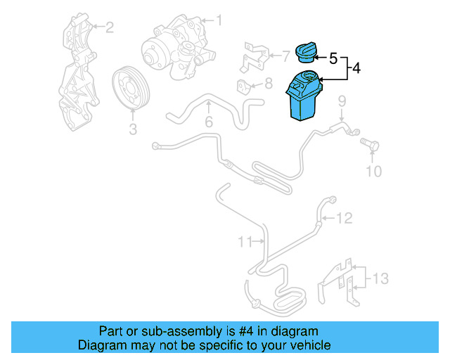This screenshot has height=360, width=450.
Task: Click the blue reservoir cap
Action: coord(306,52)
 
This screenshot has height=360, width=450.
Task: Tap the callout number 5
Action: coord(333,58)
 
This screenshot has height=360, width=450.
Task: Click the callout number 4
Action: coord(356,68)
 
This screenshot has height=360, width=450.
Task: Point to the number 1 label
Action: coord(219,20)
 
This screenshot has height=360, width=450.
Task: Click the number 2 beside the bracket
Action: coord(110,27)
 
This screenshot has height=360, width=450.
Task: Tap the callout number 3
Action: coord(133,129)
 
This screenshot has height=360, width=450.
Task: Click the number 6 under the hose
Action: coord(209,122)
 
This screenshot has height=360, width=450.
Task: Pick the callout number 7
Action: coord(285,56)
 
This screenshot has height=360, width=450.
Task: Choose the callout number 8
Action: coord(269,84)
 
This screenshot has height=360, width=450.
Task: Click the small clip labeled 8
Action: coord(243,86)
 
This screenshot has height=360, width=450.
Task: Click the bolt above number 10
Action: coord(370,144)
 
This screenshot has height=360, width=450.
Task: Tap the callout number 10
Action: coord(373,172)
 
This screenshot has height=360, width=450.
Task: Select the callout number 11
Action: coord(245,242)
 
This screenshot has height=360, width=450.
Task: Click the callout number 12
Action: coord(344,218)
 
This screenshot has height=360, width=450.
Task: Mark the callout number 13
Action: coord(380,278)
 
